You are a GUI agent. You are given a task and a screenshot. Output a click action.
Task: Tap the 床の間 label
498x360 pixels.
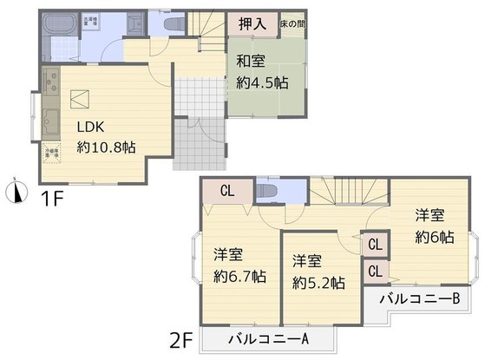(x=292, y=24)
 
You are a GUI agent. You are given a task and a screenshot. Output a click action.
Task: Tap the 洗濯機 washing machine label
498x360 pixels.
(x=90, y=20)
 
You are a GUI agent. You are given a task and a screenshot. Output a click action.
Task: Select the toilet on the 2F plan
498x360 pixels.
(x=269, y=189)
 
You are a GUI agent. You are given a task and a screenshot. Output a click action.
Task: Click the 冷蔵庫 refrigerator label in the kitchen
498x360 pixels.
(x=50, y=154)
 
